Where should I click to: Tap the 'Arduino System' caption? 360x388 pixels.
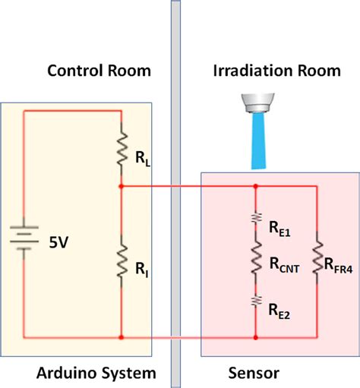coord(96,373)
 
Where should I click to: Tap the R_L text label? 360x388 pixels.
coord(141,159)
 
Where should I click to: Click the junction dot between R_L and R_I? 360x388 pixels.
coord(121,185)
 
